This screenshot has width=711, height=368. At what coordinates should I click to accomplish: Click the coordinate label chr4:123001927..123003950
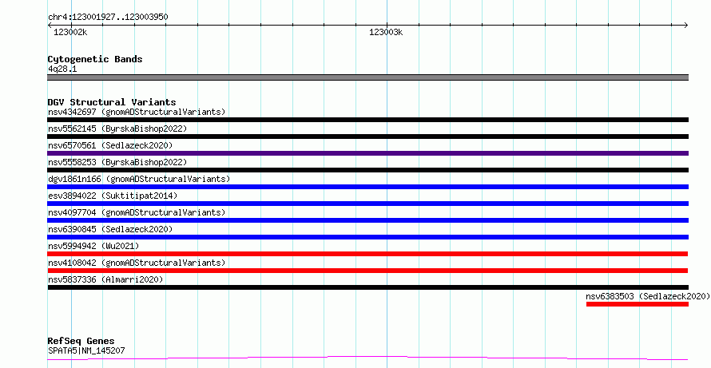(108, 18)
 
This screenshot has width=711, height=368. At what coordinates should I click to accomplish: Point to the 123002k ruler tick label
(70, 32)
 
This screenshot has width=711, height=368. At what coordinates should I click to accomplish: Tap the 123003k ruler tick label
(386, 32)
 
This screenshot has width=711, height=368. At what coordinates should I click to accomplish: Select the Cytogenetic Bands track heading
(95, 59)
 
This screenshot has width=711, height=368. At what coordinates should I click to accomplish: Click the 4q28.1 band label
(62, 69)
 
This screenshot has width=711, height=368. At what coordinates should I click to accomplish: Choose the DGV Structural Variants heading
(112, 102)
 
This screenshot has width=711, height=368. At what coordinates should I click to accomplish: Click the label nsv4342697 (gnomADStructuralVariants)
(137, 112)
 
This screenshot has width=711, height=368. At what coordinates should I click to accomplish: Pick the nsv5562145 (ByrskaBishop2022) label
(117, 129)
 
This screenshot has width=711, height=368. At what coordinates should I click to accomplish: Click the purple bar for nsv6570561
(367, 153)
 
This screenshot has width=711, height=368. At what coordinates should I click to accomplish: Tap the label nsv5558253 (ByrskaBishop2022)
(117, 162)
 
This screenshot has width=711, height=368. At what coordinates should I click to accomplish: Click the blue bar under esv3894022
(367, 204)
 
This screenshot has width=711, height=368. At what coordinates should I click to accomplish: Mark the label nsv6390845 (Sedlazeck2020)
(110, 229)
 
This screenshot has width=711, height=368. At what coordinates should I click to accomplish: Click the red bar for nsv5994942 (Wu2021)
(367, 254)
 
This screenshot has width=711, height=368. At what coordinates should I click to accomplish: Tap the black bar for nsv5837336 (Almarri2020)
(367, 287)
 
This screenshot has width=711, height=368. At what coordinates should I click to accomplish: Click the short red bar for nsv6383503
(637, 304)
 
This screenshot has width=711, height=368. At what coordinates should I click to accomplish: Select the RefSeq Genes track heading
(81, 341)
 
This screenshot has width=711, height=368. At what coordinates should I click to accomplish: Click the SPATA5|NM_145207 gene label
(86, 350)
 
